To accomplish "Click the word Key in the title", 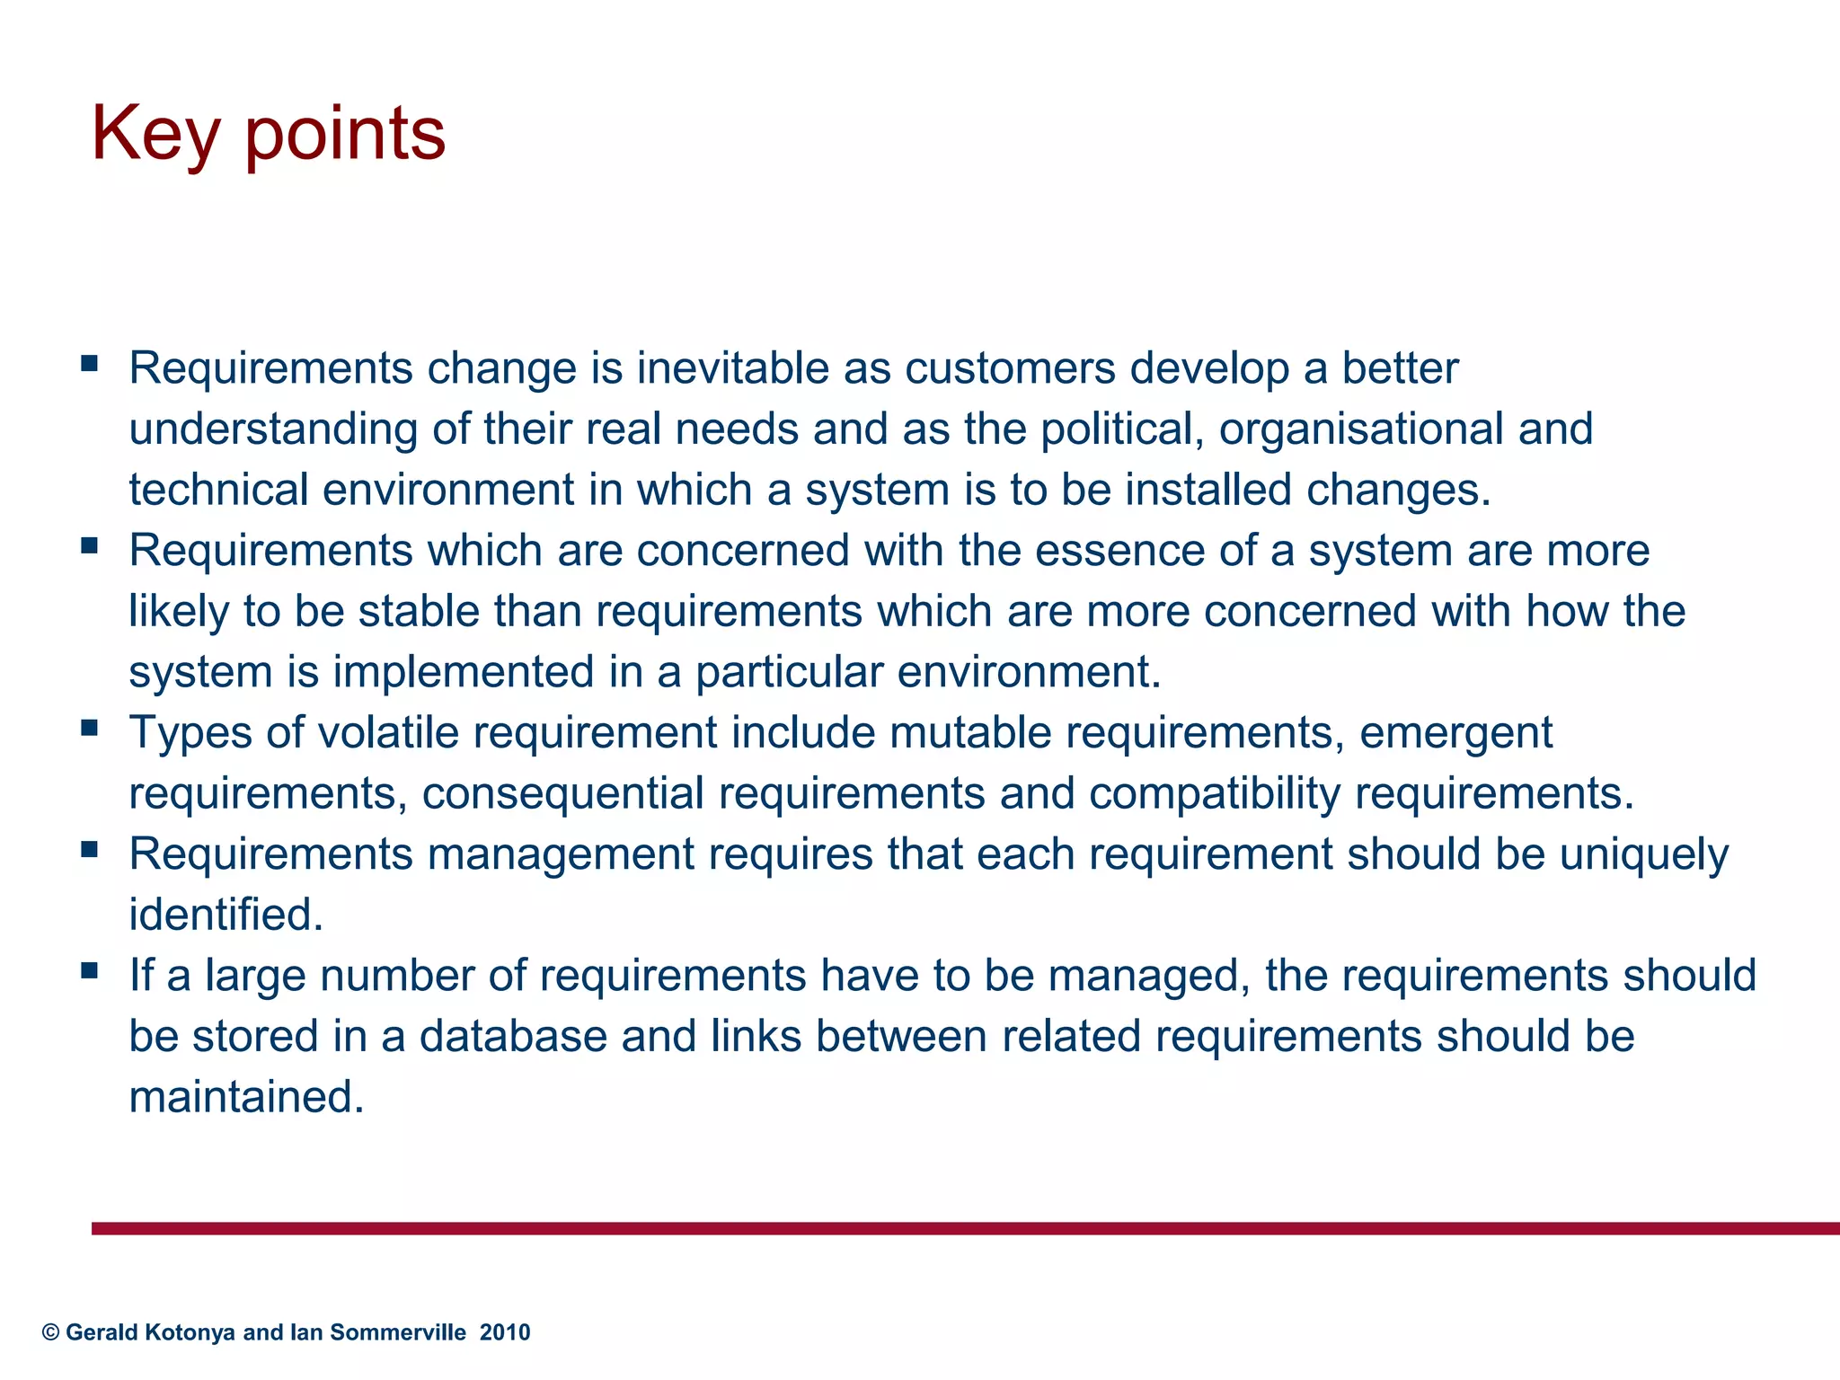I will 155,135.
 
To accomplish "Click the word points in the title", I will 345,135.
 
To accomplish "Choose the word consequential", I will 563,794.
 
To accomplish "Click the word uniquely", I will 1643,855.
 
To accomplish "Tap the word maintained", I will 246,1098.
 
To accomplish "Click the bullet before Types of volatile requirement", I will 89,727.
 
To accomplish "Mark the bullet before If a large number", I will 89,970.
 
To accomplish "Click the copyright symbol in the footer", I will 50,1332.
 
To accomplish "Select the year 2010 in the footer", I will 505,1332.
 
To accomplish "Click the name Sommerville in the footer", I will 398,1332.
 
